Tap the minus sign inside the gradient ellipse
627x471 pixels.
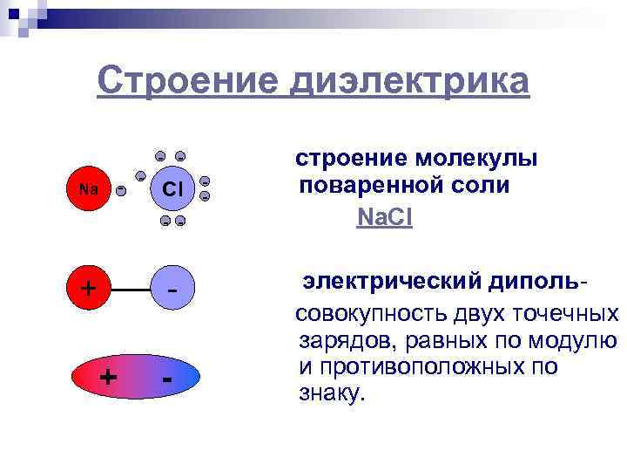167,379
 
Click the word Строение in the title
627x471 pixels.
184,81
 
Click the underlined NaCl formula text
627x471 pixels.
384,217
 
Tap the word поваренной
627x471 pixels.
374,187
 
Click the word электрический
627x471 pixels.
393,282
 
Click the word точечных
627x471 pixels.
565,313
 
